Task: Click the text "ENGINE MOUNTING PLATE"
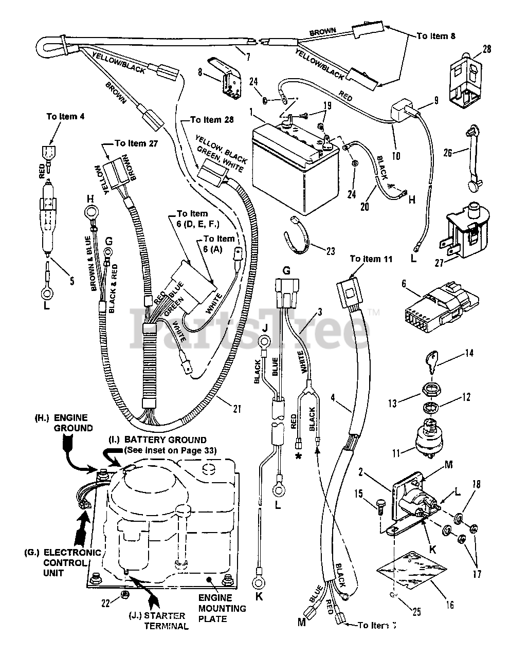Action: click(222, 608)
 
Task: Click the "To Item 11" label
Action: click(371, 259)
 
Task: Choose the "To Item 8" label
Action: click(435, 36)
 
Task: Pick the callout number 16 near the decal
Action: click(450, 605)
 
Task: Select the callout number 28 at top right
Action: click(487, 49)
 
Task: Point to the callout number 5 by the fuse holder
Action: click(72, 281)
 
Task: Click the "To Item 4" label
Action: click(65, 117)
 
